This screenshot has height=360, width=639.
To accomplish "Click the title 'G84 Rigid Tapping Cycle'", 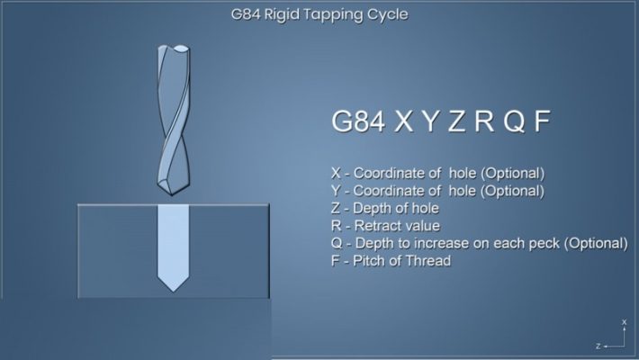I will tap(319, 14).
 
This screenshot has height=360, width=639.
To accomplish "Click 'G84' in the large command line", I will tap(356, 123).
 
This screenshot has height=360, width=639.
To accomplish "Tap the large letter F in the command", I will tap(541, 123).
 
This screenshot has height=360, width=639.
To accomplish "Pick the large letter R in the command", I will tap(485, 123).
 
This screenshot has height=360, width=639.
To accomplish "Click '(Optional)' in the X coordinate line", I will tap(513, 173).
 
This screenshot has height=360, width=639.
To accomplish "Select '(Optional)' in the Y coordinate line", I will tap(513, 191).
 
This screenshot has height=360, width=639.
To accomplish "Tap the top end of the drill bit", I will tap(173, 47).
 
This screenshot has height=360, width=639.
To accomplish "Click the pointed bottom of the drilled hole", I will tap(171, 289).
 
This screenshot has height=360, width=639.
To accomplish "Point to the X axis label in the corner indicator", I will tap(624, 321).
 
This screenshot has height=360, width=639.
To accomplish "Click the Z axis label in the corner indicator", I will tap(598, 346).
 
